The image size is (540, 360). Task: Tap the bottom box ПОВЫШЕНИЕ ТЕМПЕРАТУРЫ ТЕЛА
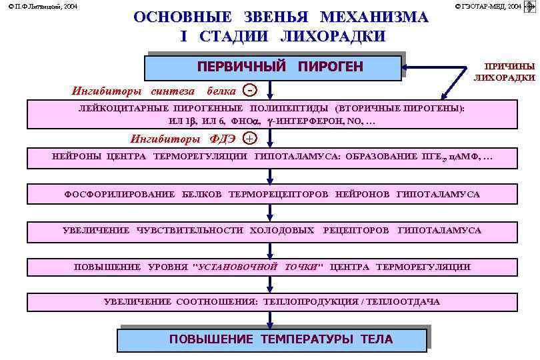[271, 339]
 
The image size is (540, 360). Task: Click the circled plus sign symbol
[249, 139]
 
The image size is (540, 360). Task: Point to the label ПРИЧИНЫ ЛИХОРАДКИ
[505, 72]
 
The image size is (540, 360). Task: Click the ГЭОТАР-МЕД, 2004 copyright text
[489, 6]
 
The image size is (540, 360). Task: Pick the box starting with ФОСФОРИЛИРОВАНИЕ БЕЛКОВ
[271, 195]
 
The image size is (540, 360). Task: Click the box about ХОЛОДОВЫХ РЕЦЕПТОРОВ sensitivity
[271, 231]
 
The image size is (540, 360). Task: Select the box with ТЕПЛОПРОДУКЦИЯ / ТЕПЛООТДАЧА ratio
[271, 302]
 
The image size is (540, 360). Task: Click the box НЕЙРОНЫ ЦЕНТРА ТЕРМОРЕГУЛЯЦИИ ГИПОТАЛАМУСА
[271, 158]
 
